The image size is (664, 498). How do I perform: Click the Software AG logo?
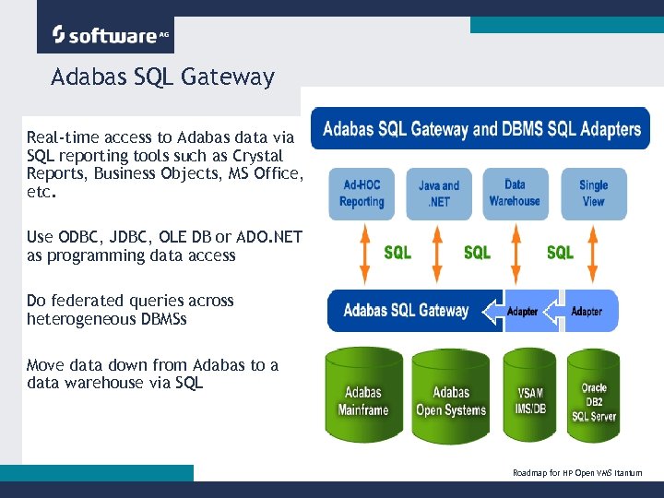(x=105, y=35)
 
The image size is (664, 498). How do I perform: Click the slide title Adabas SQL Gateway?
(x=162, y=77)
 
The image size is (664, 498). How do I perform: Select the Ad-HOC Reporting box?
(x=362, y=193)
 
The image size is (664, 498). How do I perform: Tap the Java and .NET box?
(x=439, y=193)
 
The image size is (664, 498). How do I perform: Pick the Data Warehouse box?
(x=515, y=193)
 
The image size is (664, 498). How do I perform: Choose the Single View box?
(x=593, y=193)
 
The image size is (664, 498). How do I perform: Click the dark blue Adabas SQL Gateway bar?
(x=407, y=311)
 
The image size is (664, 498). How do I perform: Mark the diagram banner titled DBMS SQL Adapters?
(x=480, y=129)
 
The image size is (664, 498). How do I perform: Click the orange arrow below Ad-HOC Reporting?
(x=364, y=252)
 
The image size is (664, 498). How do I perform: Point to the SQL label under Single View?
(x=560, y=252)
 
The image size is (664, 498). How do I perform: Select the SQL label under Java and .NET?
(x=477, y=252)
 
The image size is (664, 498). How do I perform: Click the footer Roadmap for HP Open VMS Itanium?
(x=577, y=472)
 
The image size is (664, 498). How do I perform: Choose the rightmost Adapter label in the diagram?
(x=587, y=312)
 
